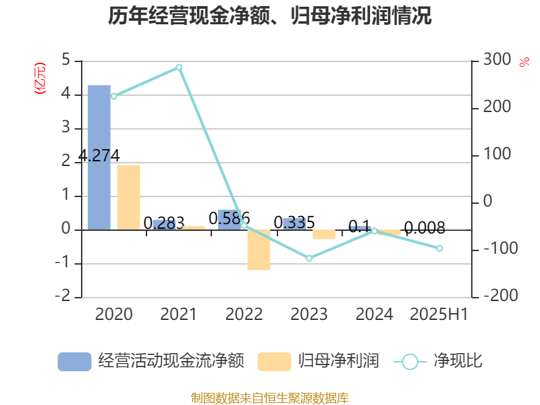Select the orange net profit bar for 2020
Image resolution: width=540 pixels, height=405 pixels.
pyautogui.click(x=128, y=197)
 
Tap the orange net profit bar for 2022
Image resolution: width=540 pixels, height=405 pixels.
pyautogui.click(x=259, y=250)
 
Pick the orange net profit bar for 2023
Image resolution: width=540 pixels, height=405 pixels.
pyautogui.click(x=323, y=234)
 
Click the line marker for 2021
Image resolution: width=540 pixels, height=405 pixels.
pyautogui.click(x=179, y=67)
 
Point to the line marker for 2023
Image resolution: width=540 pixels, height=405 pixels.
pyautogui.click(x=309, y=258)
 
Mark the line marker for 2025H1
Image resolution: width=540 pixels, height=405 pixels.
pyautogui.click(x=439, y=248)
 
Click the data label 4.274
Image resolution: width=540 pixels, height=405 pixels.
pyautogui.click(x=99, y=155)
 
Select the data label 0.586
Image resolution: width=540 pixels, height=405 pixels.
pyautogui.click(x=230, y=218)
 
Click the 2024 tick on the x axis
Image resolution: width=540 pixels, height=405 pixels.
pyautogui.click(x=374, y=314)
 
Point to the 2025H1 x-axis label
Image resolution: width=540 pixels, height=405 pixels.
pyautogui.click(x=439, y=314)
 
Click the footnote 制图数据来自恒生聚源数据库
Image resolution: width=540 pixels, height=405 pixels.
pyautogui.click(x=270, y=398)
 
